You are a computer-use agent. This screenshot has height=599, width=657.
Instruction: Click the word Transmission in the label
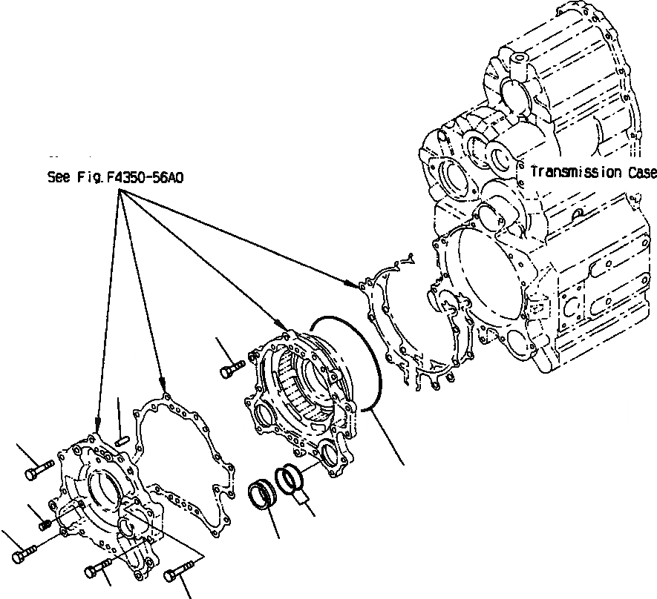click(x=576, y=172)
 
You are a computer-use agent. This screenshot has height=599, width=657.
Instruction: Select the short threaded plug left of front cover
click(x=45, y=525)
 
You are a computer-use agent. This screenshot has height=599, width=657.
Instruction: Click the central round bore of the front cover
click(x=100, y=490)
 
